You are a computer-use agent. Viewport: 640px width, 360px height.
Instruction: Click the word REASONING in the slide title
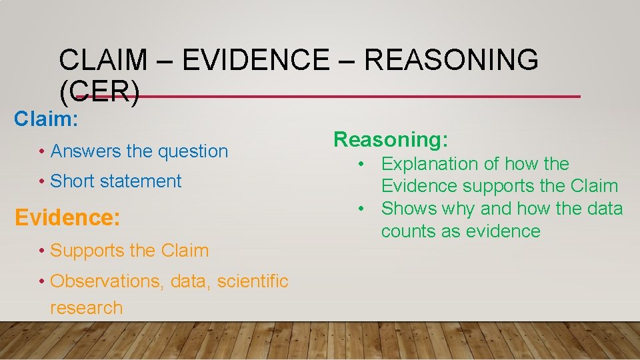pos(451,61)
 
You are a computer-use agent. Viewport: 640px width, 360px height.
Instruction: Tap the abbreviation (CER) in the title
pos(99,94)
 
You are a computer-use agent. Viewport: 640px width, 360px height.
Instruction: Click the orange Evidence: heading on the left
pos(67,218)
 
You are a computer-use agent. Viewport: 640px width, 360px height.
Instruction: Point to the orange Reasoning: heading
pos(391,139)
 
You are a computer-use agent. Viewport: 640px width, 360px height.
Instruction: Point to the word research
pos(86,308)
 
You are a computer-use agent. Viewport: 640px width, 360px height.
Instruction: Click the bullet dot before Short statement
pos(42,181)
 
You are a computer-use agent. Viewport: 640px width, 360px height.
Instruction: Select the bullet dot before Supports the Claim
pos(42,251)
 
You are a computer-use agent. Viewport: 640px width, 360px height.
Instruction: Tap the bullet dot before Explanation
pos(360,164)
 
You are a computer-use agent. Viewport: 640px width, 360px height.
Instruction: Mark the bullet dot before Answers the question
pos(42,151)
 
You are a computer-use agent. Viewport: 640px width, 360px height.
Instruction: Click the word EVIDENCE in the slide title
pos(255,61)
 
